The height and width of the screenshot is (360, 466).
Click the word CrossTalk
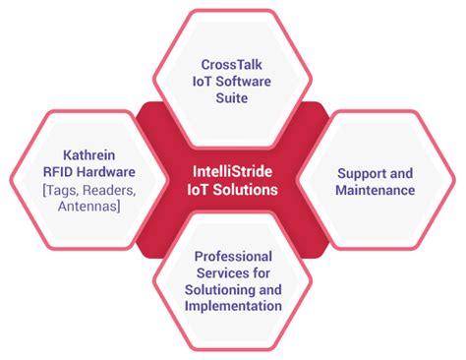[232, 61]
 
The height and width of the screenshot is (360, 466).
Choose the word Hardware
[103, 172]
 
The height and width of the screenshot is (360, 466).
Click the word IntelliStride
[233, 170]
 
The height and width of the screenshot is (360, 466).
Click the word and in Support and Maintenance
[391, 171]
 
